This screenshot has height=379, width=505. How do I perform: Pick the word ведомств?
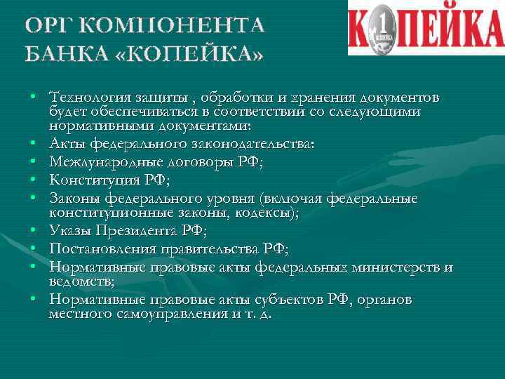(x=81, y=281)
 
